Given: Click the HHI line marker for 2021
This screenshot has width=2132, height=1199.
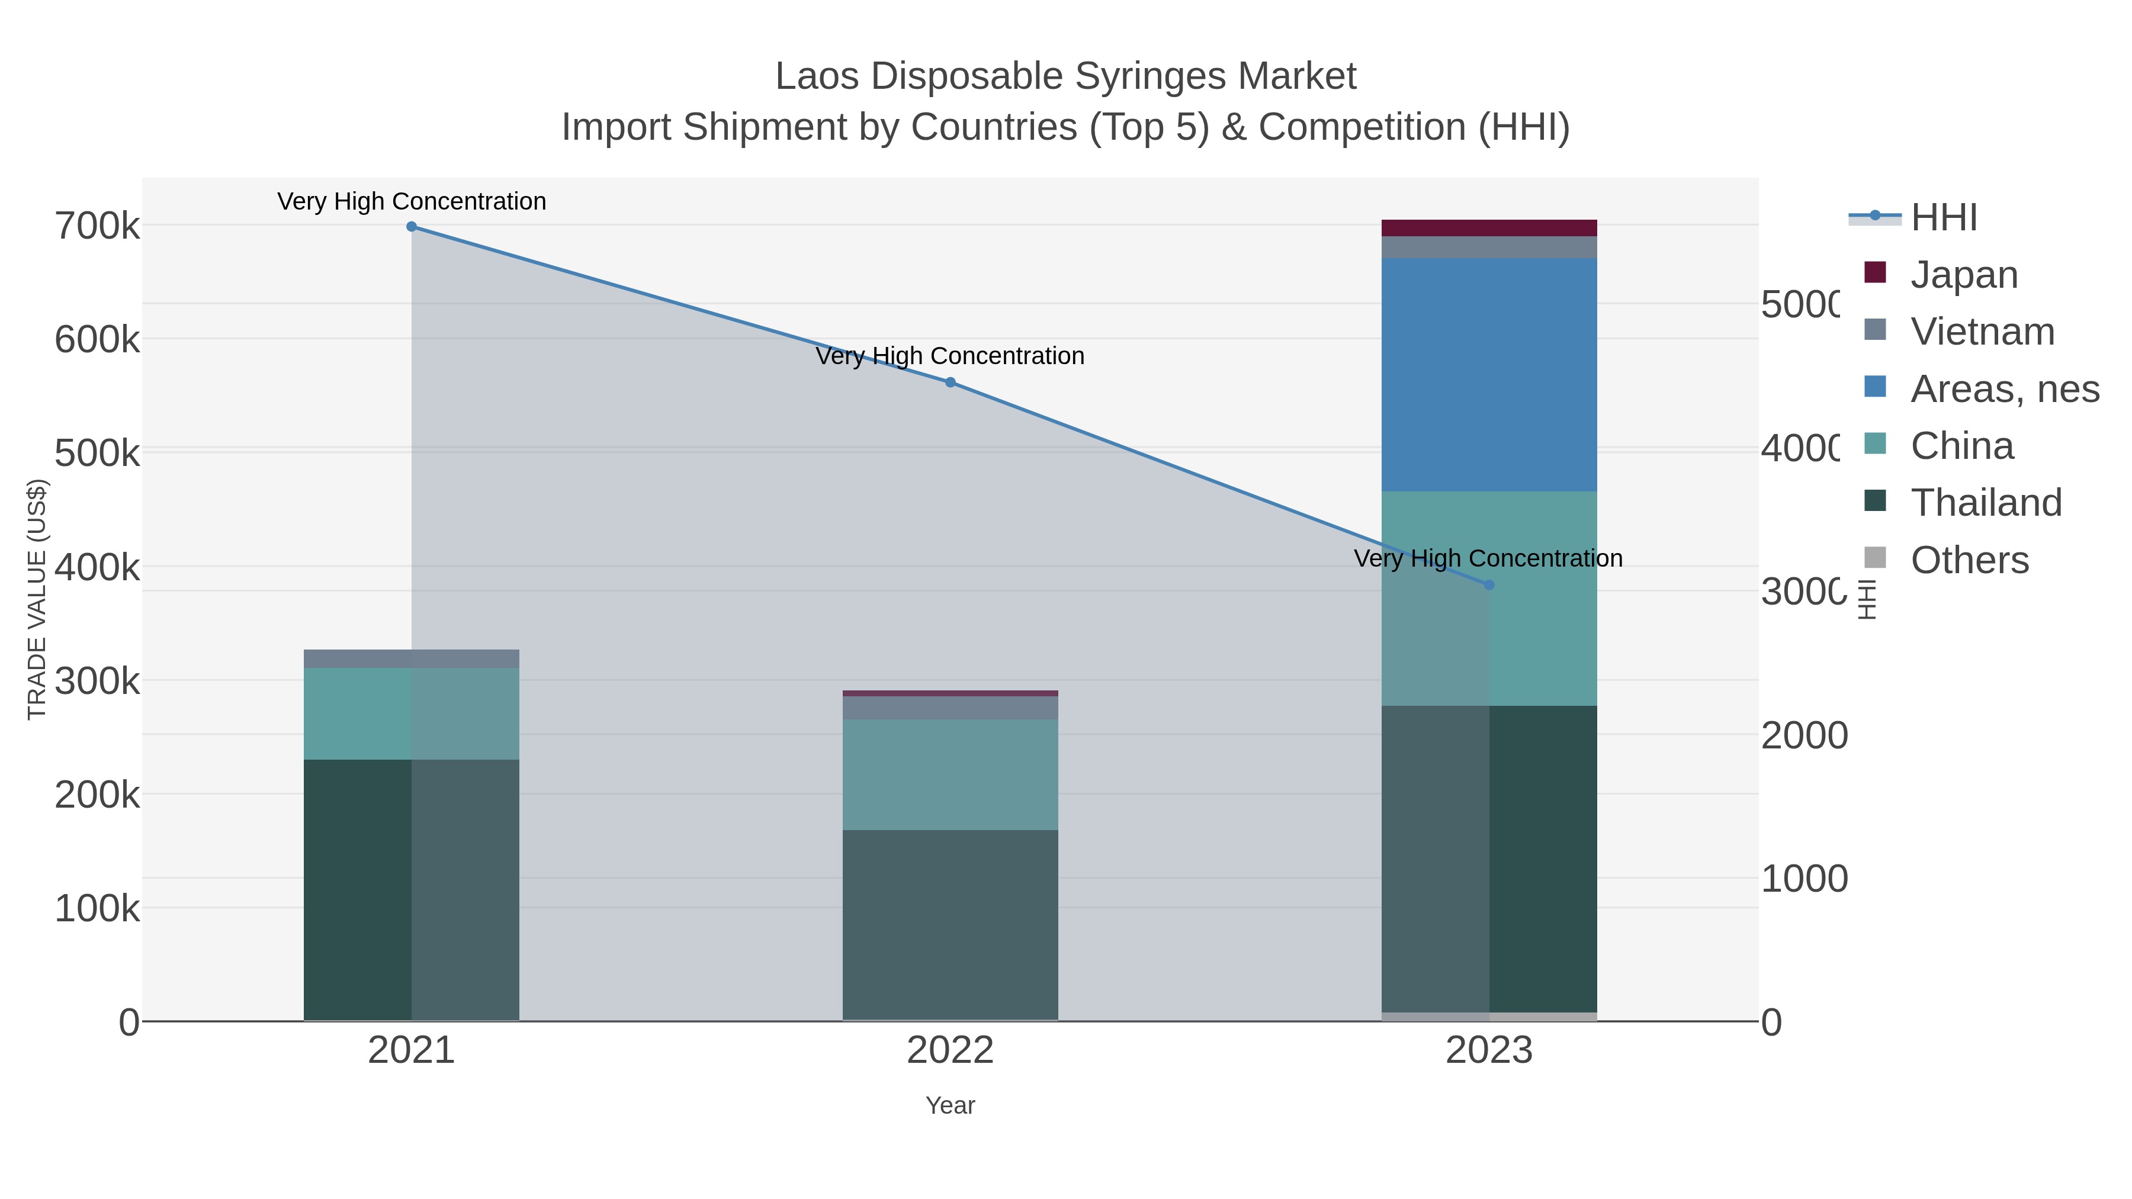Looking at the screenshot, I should (412, 227).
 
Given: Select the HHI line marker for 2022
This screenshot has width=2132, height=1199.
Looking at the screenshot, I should (950, 382).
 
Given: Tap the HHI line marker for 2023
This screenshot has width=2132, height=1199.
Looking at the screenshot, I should (1489, 585).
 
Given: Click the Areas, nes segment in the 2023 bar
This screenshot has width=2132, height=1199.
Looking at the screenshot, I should (1489, 375).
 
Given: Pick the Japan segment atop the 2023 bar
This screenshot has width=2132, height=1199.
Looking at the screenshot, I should (1489, 229).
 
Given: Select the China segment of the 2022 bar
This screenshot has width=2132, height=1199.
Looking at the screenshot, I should (950, 774).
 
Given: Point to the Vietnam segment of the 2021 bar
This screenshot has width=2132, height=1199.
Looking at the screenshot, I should (412, 658).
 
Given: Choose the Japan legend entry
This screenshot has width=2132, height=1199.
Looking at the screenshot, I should (1964, 275).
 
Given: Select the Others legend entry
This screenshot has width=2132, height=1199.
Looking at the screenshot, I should (1969, 560).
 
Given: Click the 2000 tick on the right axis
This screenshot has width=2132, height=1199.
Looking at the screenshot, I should (1803, 735).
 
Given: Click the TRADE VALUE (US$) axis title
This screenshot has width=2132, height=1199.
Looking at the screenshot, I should (37, 599).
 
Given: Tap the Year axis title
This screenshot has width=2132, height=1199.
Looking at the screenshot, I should (950, 1105).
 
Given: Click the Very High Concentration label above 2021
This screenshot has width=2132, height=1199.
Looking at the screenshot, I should (412, 202).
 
